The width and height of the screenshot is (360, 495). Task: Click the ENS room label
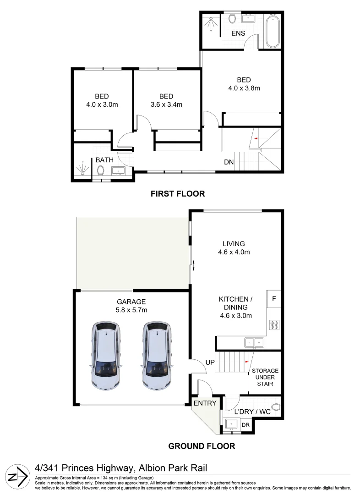[x=238, y=33]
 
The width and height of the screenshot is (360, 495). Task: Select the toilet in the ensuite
[x=232, y=18]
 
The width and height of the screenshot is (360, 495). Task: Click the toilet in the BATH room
[x=100, y=170]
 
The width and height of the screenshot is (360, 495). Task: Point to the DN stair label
[x=229, y=162]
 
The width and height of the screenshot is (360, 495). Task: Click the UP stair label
[x=210, y=363]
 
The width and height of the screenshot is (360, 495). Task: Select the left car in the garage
[x=107, y=355]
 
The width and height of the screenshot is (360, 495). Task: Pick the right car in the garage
[x=157, y=355]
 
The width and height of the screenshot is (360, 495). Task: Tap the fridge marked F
[x=274, y=298]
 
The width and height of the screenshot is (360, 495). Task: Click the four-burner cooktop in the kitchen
[x=274, y=324]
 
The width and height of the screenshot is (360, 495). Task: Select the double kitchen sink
[x=253, y=341]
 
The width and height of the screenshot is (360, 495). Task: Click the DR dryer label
[x=245, y=425]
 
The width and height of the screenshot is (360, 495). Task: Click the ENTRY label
[x=205, y=403]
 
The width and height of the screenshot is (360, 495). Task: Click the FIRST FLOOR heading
[x=178, y=194]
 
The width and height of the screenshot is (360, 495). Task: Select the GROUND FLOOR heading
[x=202, y=446]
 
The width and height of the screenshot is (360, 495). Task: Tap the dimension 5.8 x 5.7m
[x=131, y=310]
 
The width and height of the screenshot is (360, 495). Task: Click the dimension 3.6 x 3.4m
[x=166, y=104]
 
